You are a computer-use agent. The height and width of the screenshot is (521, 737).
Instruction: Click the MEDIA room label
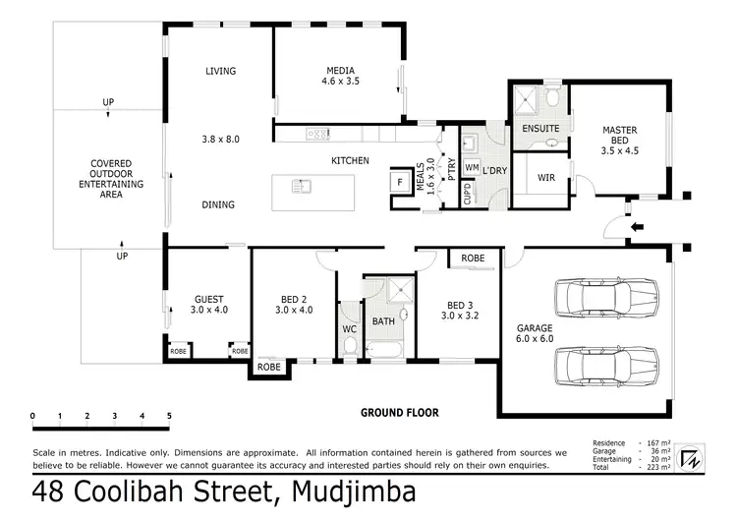coord(340,70)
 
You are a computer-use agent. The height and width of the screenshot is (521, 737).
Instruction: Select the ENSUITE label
coord(540,129)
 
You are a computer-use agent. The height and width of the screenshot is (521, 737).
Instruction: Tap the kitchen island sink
coord(303,185)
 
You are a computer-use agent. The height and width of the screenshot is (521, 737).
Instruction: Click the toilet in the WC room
coord(351,343)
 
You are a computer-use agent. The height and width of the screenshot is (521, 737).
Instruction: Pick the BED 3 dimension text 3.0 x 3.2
coord(461,317)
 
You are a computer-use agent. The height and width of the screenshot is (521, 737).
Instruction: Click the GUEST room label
coord(209,299)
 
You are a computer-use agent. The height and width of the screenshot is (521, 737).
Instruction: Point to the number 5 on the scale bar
coord(169,417)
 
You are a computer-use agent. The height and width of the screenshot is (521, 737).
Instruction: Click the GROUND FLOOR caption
coord(399,413)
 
